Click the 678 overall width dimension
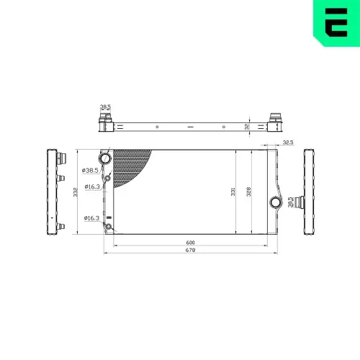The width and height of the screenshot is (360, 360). pos(190,251)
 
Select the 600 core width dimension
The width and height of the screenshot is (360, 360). pos(190,242)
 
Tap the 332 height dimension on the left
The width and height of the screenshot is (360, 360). pos(75,192)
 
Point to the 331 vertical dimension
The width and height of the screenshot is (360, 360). pos(233,192)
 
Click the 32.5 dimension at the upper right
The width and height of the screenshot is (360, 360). pos(288,143)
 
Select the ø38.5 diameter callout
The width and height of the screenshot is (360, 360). pos(91,171)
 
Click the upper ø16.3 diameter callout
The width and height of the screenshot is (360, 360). pos(91,186)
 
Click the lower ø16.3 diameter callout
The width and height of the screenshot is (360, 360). pos(91,217)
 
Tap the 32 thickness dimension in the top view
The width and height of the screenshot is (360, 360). pos(247,126)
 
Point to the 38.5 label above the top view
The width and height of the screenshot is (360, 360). pos(106,107)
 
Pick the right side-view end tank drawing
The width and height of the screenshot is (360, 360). pos(310,193)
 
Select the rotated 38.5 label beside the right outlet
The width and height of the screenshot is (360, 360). pos(289,202)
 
